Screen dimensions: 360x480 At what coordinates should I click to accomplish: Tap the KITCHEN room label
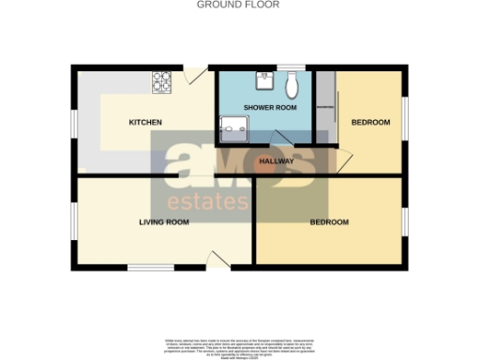145,123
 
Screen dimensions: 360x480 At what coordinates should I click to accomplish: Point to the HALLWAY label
276,161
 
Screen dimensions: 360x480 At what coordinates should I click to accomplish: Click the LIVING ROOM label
164,222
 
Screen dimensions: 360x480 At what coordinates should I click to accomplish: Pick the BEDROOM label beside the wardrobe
369,123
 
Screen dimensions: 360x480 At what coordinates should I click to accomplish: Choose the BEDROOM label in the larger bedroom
329,222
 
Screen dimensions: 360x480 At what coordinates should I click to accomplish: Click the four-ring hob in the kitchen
163,83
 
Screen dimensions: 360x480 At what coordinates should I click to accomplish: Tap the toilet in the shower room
292,86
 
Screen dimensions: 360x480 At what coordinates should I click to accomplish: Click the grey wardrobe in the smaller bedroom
324,110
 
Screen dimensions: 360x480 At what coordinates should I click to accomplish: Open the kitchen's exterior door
195,74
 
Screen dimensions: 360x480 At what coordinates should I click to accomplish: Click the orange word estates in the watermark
202,202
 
